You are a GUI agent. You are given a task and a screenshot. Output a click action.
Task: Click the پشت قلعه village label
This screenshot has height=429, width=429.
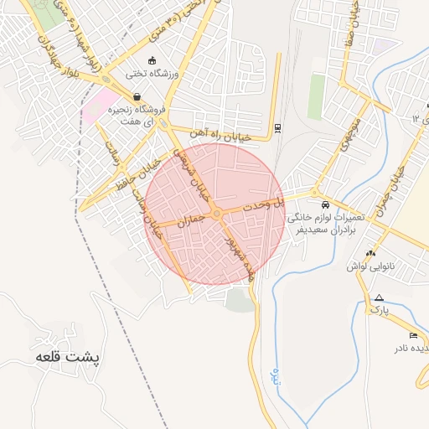[67, 357]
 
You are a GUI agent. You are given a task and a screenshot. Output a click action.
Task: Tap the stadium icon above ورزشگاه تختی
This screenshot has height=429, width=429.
[152, 60]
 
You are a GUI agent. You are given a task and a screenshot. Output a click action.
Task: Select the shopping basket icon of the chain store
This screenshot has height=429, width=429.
[136, 96]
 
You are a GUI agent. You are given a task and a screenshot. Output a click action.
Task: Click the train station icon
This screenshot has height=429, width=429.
[277, 128]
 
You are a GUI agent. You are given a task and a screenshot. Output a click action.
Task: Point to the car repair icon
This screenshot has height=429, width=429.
[324, 204]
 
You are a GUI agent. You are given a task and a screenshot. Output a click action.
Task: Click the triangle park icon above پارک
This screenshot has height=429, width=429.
[380, 297]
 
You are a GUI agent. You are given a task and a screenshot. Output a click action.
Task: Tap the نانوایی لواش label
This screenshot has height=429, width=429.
[370, 266]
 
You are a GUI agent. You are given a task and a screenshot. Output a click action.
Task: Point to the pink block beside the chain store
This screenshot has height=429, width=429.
[101, 106]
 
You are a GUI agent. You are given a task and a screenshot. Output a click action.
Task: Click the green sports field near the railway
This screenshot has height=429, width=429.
[316, 96]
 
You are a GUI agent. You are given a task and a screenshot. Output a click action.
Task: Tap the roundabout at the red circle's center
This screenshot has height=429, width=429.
[216, 215]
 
